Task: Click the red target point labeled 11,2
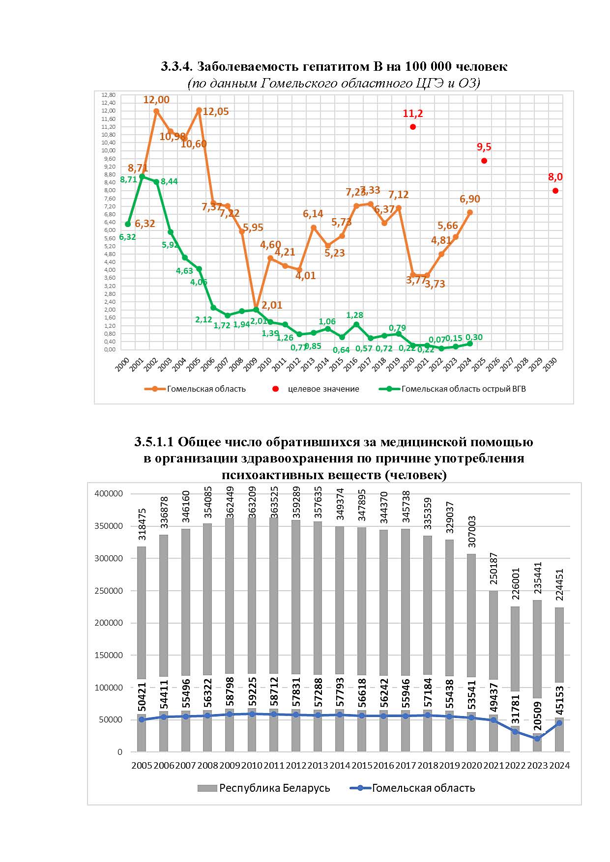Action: tap(413, 127)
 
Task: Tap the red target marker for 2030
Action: tap(555, 191)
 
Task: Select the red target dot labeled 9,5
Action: tap(484, 161)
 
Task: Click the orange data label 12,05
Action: tap(215, 112)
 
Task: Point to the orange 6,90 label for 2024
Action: tap(470, 199)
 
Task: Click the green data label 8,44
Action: tap(169, 181)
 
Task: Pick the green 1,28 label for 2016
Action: tap(354, 315)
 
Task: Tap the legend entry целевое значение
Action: tap(323, 389)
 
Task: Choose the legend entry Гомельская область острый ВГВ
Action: tap(463, 389)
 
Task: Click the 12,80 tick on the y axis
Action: tap(108, 95)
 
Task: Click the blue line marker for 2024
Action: tap(559, 723)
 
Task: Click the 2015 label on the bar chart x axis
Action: tap(362, 766)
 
